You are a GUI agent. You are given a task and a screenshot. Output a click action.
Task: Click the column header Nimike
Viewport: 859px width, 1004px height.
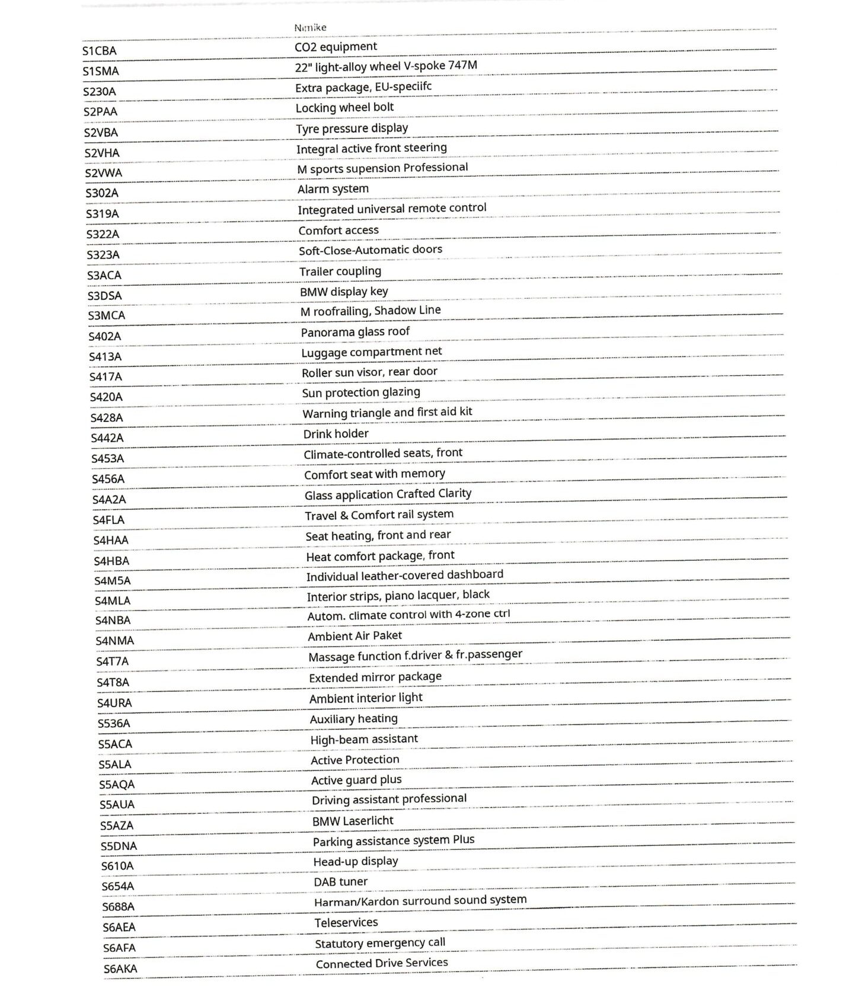coord(310,27)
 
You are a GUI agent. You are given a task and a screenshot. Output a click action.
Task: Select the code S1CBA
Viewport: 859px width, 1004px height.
coord(99,51)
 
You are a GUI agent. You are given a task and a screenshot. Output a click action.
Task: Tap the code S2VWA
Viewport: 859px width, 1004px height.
coord(103,173)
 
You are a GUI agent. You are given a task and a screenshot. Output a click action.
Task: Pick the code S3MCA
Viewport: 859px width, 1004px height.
coord(106,315)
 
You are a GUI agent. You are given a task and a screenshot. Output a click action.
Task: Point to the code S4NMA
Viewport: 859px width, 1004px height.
coord(114,641)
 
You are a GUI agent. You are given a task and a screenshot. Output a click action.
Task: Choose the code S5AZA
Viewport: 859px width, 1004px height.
coord(116,826)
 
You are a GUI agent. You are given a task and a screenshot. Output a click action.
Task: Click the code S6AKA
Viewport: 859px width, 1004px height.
coord(120,969)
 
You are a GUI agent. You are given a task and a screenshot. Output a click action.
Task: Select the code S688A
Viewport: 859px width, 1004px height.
coord(118,907)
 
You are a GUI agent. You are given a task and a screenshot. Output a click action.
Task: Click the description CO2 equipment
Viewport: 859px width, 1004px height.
coord(336,47)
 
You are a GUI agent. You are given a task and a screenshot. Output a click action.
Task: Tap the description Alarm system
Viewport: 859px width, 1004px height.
coord(333,189)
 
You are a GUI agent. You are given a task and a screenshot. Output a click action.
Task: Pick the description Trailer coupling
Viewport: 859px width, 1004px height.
coord(340,271)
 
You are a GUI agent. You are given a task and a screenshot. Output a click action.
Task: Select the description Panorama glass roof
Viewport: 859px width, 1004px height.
coord(355,332)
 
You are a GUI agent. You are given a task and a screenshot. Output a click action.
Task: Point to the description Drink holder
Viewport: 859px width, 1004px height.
coord(336,434)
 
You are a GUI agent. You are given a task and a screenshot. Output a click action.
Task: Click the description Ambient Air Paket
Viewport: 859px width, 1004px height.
coord(355,636)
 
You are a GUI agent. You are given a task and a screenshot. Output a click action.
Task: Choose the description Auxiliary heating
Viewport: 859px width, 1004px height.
coord(353,719)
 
